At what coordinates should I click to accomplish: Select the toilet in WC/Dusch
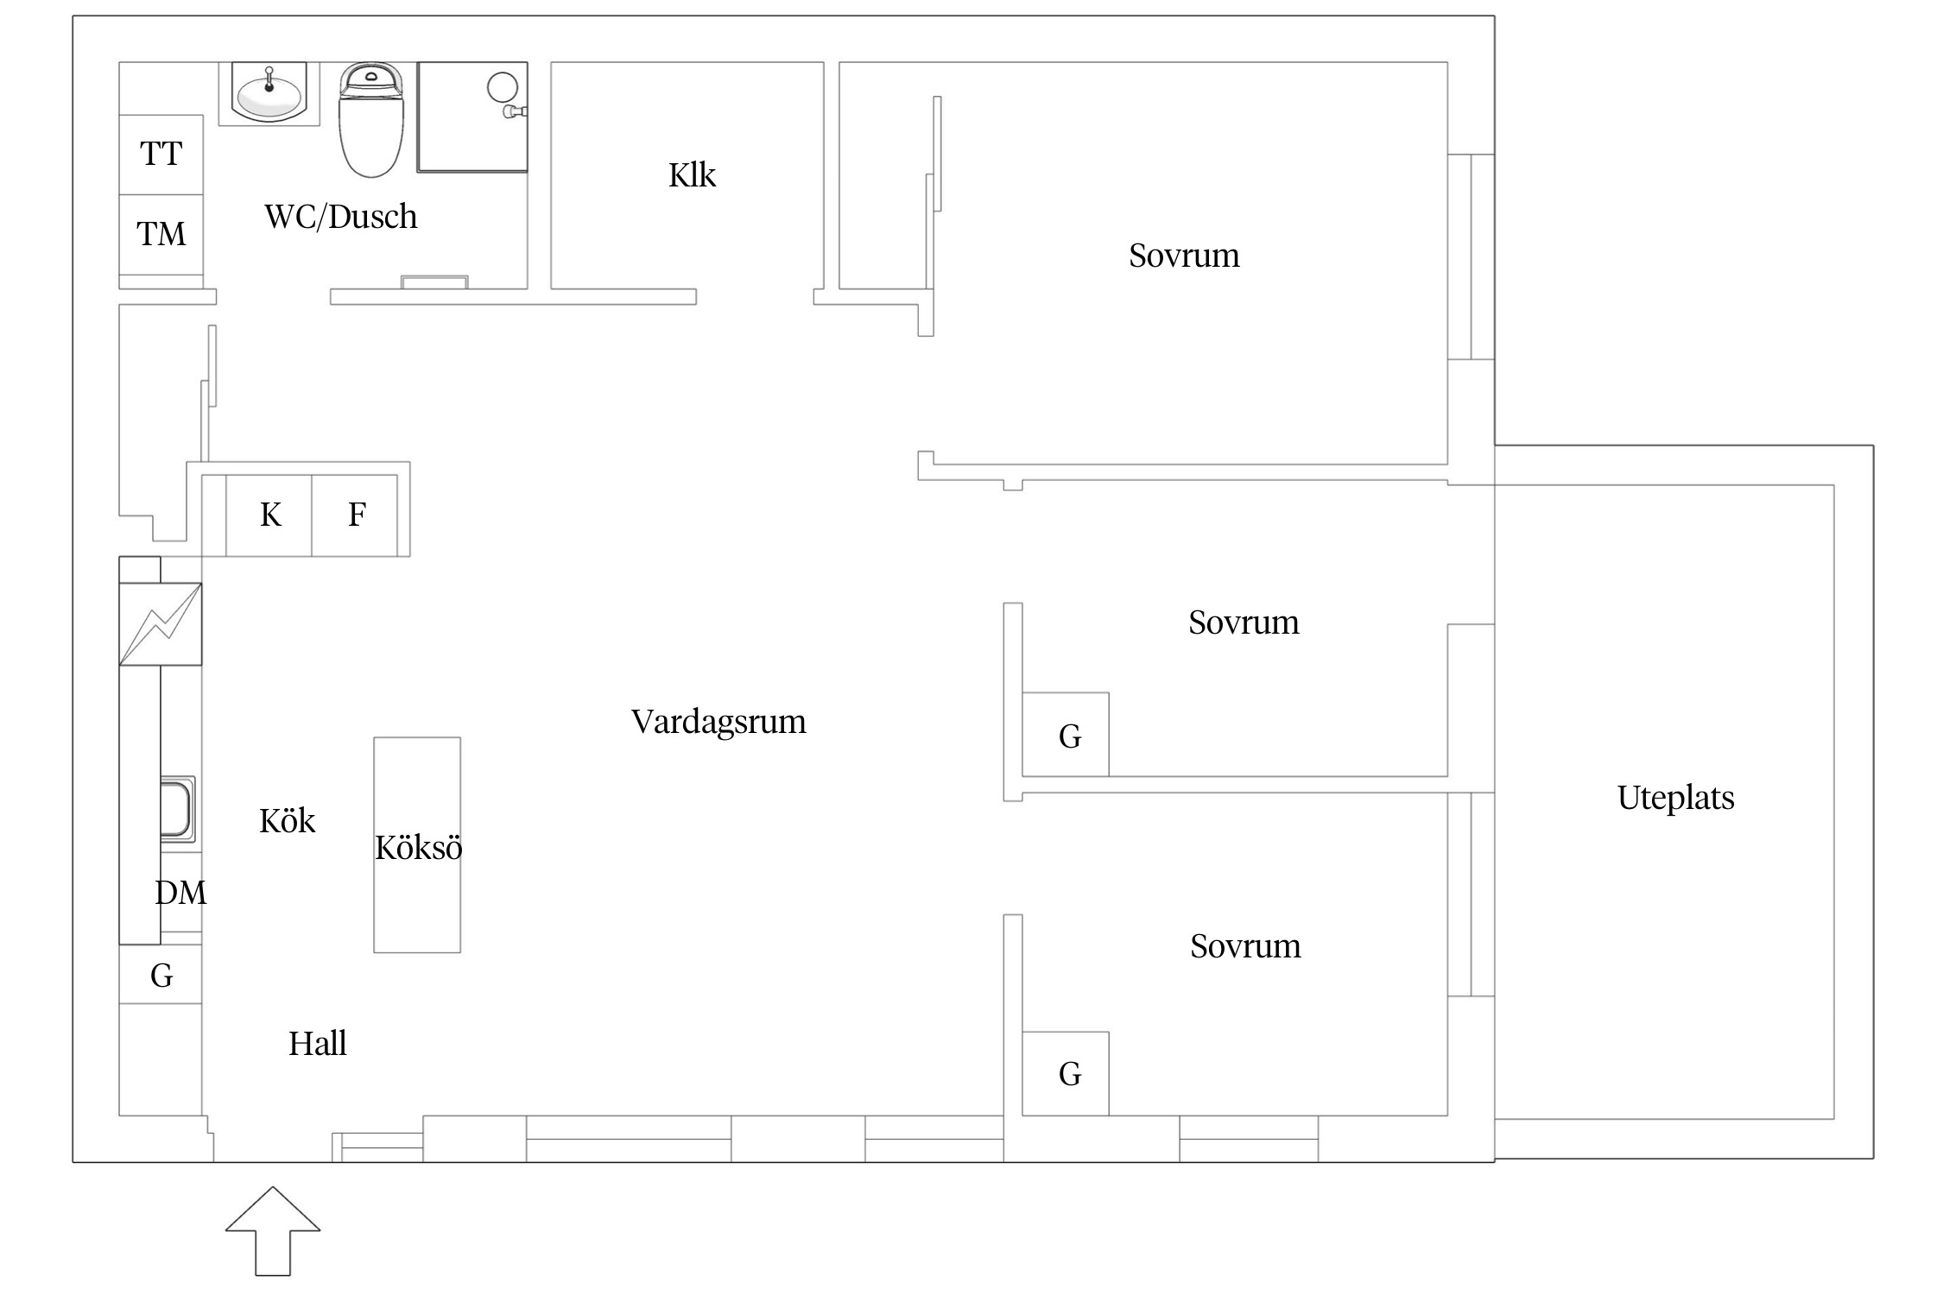pyautogui.click(x=371, y=121)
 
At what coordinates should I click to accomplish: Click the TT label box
pyautogui.click(x=161, y=155)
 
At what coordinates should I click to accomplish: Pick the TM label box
pyautogui.click(x=161, y=234)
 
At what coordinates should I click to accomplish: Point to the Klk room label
pyautogui.click(x=692, y=175)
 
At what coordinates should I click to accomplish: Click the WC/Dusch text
pyautogui.click(x=341, y=217)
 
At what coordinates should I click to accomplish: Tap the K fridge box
pyautogui.click(x=269, y=515)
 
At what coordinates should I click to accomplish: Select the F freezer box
pyautogui.click(x=356, y=515)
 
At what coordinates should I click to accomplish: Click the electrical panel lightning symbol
pyautogui.click(x=160, y=624)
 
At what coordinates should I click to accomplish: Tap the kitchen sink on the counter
pyautogui.click(x=177, y=809)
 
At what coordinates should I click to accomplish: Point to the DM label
pyautogui.click(x=180, y=893)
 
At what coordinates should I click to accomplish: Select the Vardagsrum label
pyautogui.click(x=718, y=722)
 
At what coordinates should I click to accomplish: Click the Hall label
pyautogui.click(x=317, y=1044)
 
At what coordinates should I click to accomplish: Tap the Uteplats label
pyautogui.click(x=1675, y=798)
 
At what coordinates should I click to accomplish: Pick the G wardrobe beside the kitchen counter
pyautogui.click(x=161, y=976)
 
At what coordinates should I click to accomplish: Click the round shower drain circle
pyautogui.click(x=503, y=87)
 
